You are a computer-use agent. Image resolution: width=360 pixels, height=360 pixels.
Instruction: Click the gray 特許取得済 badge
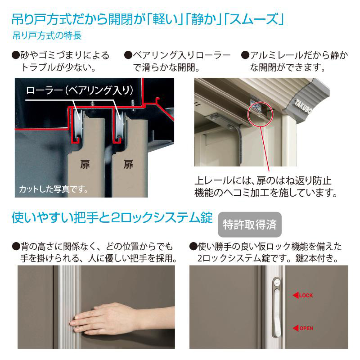[250, 225]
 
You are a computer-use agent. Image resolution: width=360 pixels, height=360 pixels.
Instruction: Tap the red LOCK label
[306, 296]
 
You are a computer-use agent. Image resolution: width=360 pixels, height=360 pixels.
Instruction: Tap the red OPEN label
[306, 328]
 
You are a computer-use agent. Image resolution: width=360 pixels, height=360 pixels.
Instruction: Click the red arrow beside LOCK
[296, 296]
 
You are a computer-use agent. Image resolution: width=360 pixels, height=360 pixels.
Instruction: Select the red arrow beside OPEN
[296, 328]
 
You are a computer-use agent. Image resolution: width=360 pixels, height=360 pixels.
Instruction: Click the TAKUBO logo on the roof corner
[303, 106]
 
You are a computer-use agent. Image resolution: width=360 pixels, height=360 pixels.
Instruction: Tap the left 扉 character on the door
[85, 164]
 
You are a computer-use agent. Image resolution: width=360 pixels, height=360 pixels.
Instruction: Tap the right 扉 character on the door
[128, 164]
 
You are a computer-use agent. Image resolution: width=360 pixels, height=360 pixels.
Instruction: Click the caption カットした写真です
[54, 189]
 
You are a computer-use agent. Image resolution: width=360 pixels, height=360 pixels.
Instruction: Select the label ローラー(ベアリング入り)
[80, 90]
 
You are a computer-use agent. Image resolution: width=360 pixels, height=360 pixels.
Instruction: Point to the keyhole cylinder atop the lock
[276, 282]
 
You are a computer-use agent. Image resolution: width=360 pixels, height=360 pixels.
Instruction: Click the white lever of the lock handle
[277, 313]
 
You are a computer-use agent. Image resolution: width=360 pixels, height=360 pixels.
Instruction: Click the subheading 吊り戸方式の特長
[47, 36]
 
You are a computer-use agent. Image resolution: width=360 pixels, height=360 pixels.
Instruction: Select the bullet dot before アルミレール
[245, 55]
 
